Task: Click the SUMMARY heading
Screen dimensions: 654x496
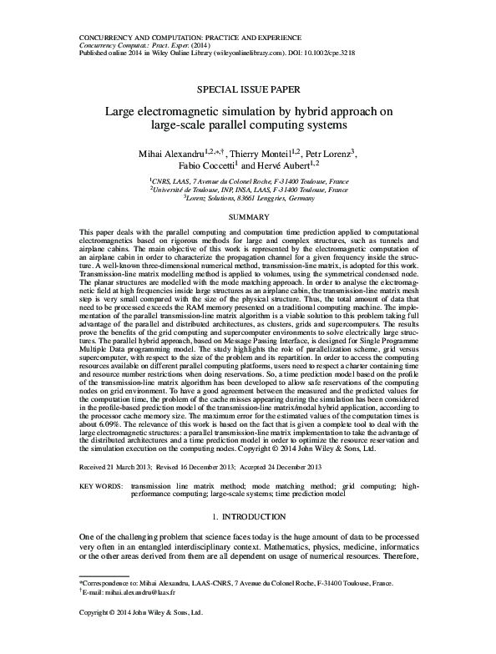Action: click(x=248, y=215)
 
